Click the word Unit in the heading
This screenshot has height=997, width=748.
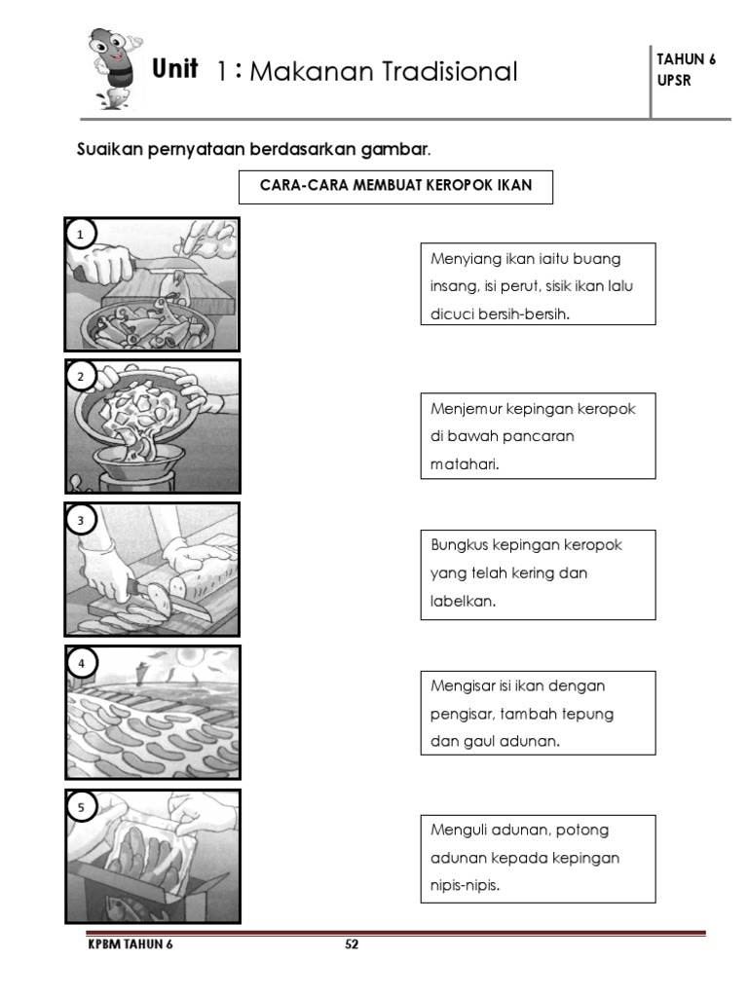175,69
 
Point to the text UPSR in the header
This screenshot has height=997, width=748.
675,81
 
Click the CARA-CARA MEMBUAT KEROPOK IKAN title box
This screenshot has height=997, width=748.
395,186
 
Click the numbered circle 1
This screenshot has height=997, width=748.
82,234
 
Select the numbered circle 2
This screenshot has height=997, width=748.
82,377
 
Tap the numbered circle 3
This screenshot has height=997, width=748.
82,520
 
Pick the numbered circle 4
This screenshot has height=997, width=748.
82,663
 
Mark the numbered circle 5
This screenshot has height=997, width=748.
82,807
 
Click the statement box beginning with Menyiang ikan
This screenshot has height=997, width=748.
538,284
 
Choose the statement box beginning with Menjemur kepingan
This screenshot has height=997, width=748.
538,435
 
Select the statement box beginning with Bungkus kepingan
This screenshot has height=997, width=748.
538,573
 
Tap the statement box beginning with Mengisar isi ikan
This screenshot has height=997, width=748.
538,713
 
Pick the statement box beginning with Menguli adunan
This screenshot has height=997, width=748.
538,858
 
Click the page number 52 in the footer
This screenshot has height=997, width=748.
353,944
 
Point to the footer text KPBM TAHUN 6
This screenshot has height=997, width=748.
130,944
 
